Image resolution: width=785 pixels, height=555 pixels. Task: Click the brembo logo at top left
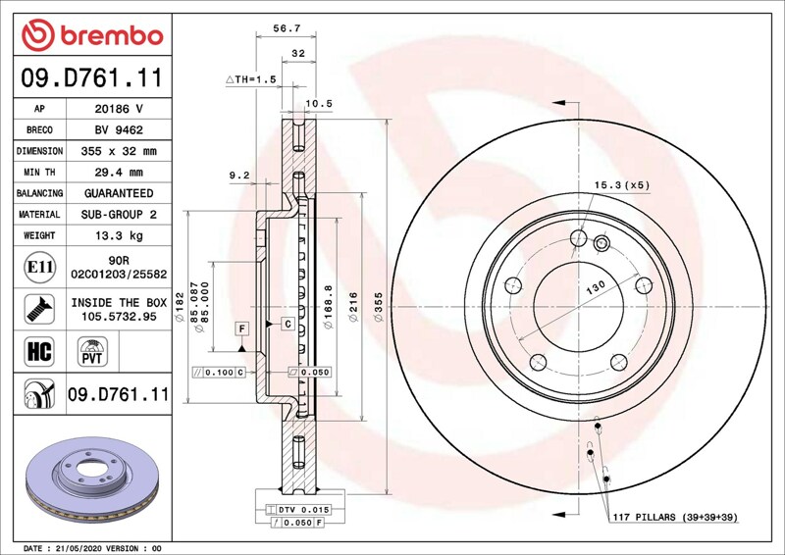click(x=92, y=35)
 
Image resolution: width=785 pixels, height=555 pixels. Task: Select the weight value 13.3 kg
click(x=119, y=235)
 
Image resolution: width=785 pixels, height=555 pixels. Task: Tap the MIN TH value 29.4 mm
click(x=119, y=173)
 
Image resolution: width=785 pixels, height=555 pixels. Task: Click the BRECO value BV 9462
click(x=119, y=130)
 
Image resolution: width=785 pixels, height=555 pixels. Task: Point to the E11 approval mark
click(x=39, y=267)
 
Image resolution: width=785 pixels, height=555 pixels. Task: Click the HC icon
click(x=39, y=351)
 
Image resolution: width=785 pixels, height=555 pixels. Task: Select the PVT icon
click(x=92, y=351)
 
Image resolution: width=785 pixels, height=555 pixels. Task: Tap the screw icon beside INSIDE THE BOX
click(x=39, y=309)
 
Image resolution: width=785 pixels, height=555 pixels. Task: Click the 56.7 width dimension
click(x=287, y=28)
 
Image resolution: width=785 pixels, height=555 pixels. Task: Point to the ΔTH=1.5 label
click(x=251, y=79)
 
